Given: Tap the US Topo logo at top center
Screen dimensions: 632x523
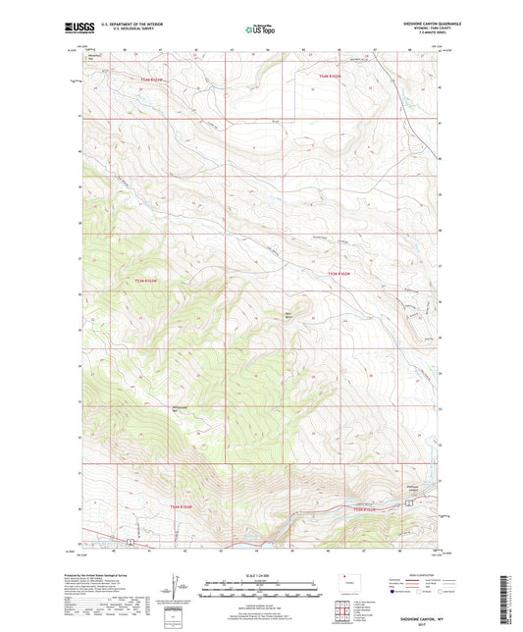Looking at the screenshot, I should click(x=258, y=30).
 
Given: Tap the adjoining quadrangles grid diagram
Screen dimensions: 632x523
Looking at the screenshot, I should click(x=343, y=613).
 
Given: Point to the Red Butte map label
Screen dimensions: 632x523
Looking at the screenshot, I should click(x=288, y=315).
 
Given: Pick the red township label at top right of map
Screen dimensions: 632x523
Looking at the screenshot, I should click(x=334, y=77).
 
